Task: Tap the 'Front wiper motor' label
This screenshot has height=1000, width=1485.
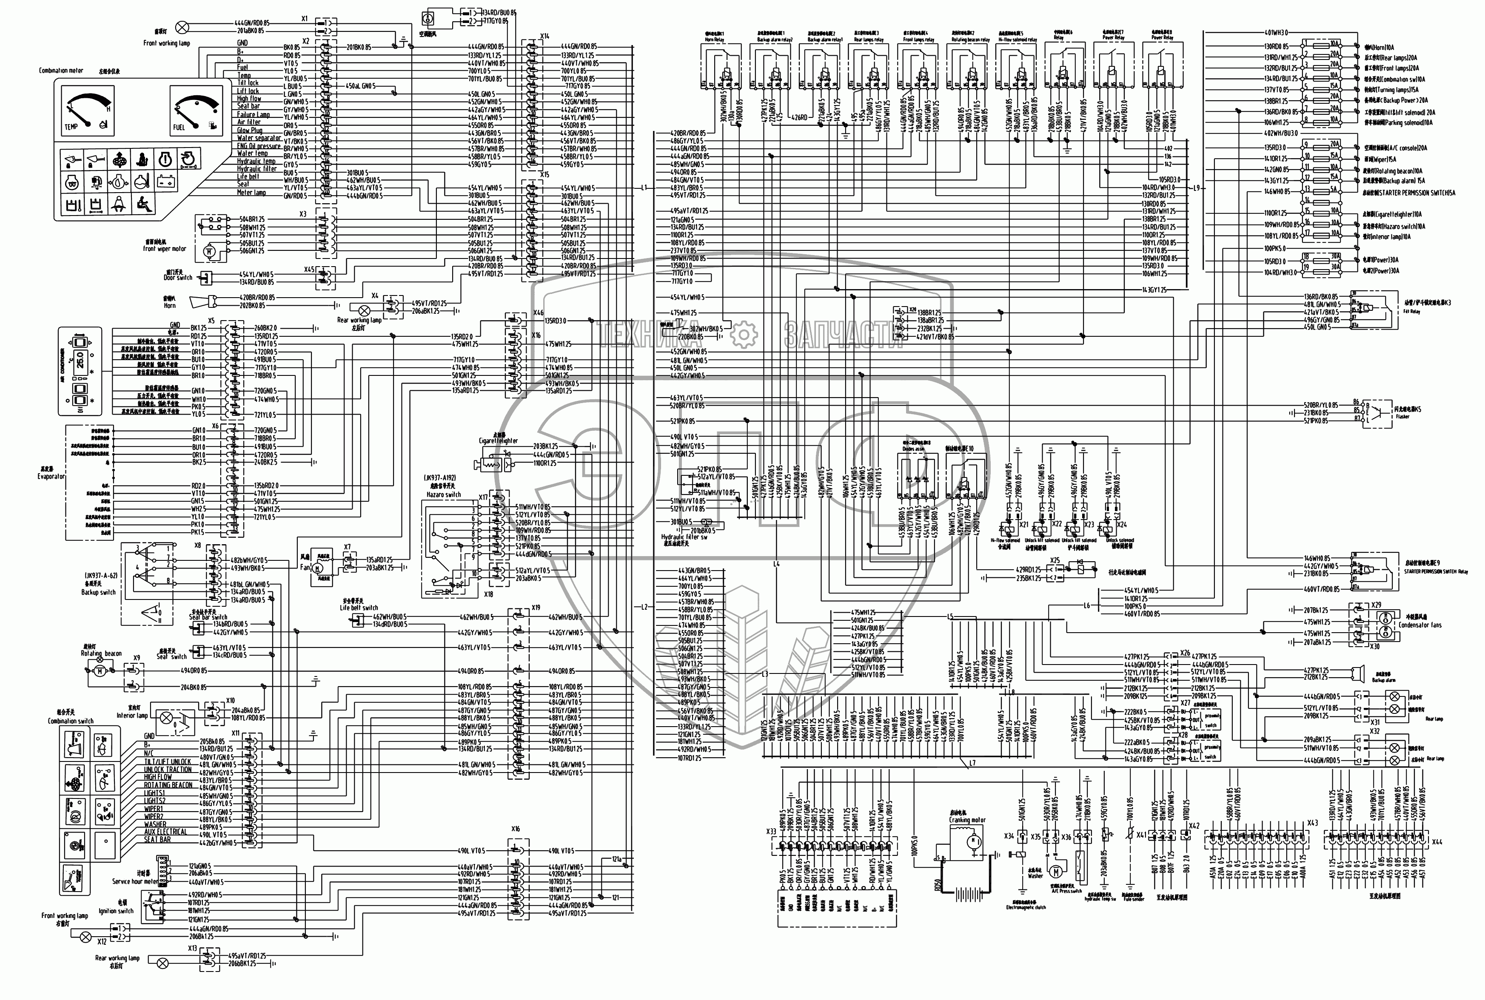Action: tap(165, 249)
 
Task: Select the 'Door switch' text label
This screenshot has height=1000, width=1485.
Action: tap(177, 277)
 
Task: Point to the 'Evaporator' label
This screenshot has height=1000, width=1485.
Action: tap(51, 476)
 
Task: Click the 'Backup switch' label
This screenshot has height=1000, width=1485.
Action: tap(99, 592)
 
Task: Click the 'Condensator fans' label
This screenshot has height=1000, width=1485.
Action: tap(1414, 625)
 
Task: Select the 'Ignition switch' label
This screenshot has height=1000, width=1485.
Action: tap(116, 911)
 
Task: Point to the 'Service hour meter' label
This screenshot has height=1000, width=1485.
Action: tap(135, 881)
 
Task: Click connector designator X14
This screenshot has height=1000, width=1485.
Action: tap(544, 37)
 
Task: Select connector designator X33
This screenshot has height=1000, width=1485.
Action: tap(771, 832)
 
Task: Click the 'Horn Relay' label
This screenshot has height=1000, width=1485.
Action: tap(715, 39)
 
